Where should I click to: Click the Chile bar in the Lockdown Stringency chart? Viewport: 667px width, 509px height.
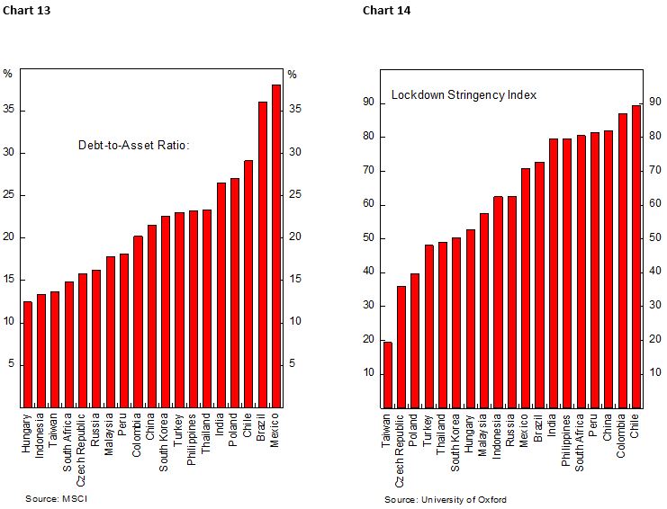[x=635, y=256]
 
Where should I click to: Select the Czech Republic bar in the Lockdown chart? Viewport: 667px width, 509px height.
[x=401, y=346]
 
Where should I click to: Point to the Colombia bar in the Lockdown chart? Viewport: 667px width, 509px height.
[x=622, y=260]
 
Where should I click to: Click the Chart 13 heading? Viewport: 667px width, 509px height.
[x=22, y=11]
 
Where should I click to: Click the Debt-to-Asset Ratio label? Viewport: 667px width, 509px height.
[x=134, y=144]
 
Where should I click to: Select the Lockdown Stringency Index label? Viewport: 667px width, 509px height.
[x=464, y=94]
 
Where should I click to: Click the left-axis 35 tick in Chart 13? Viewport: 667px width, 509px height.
[x=10, y=111]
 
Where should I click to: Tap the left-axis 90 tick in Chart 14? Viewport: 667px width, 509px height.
[x=369, y=103]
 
